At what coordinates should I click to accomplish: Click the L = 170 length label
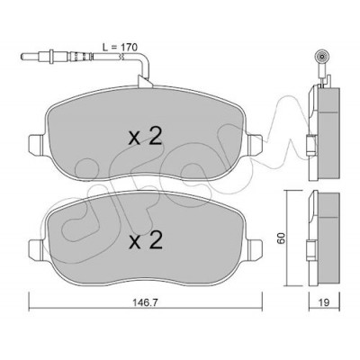pyautogui.click(x=120, y=47)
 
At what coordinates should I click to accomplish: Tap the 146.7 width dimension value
pyautogui.click(x=146, y=302)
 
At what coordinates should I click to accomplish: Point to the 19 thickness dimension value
pyautogui.click(x=324, y=302)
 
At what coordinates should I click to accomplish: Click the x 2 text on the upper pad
pyautogui.click(x=146, y=137)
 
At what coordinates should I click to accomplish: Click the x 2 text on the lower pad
pyautogui.click(x=146, y=241)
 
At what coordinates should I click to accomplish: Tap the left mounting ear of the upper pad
pyautogui.click(x=37, y=145)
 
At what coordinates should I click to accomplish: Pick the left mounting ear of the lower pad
pyautogui.click(x=37, y=250)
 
